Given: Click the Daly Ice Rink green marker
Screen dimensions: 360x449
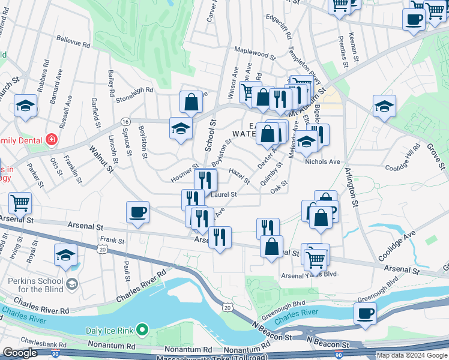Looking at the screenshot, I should pos(142,329).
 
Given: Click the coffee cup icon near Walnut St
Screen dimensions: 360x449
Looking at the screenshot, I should pos(138,212).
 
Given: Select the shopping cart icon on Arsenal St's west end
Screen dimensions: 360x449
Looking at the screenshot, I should pos(20,204).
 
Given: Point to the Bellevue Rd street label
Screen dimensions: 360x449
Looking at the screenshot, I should pos(73,44).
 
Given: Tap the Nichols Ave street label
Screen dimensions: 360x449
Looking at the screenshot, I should pos(322,161).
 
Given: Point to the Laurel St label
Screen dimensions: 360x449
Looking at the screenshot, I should pos(224,194).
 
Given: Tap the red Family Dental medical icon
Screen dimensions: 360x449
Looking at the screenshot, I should pos(52,139).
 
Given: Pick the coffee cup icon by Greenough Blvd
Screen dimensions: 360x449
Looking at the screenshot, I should pos(365,313).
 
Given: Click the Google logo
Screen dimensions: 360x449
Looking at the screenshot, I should pos(20,353).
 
